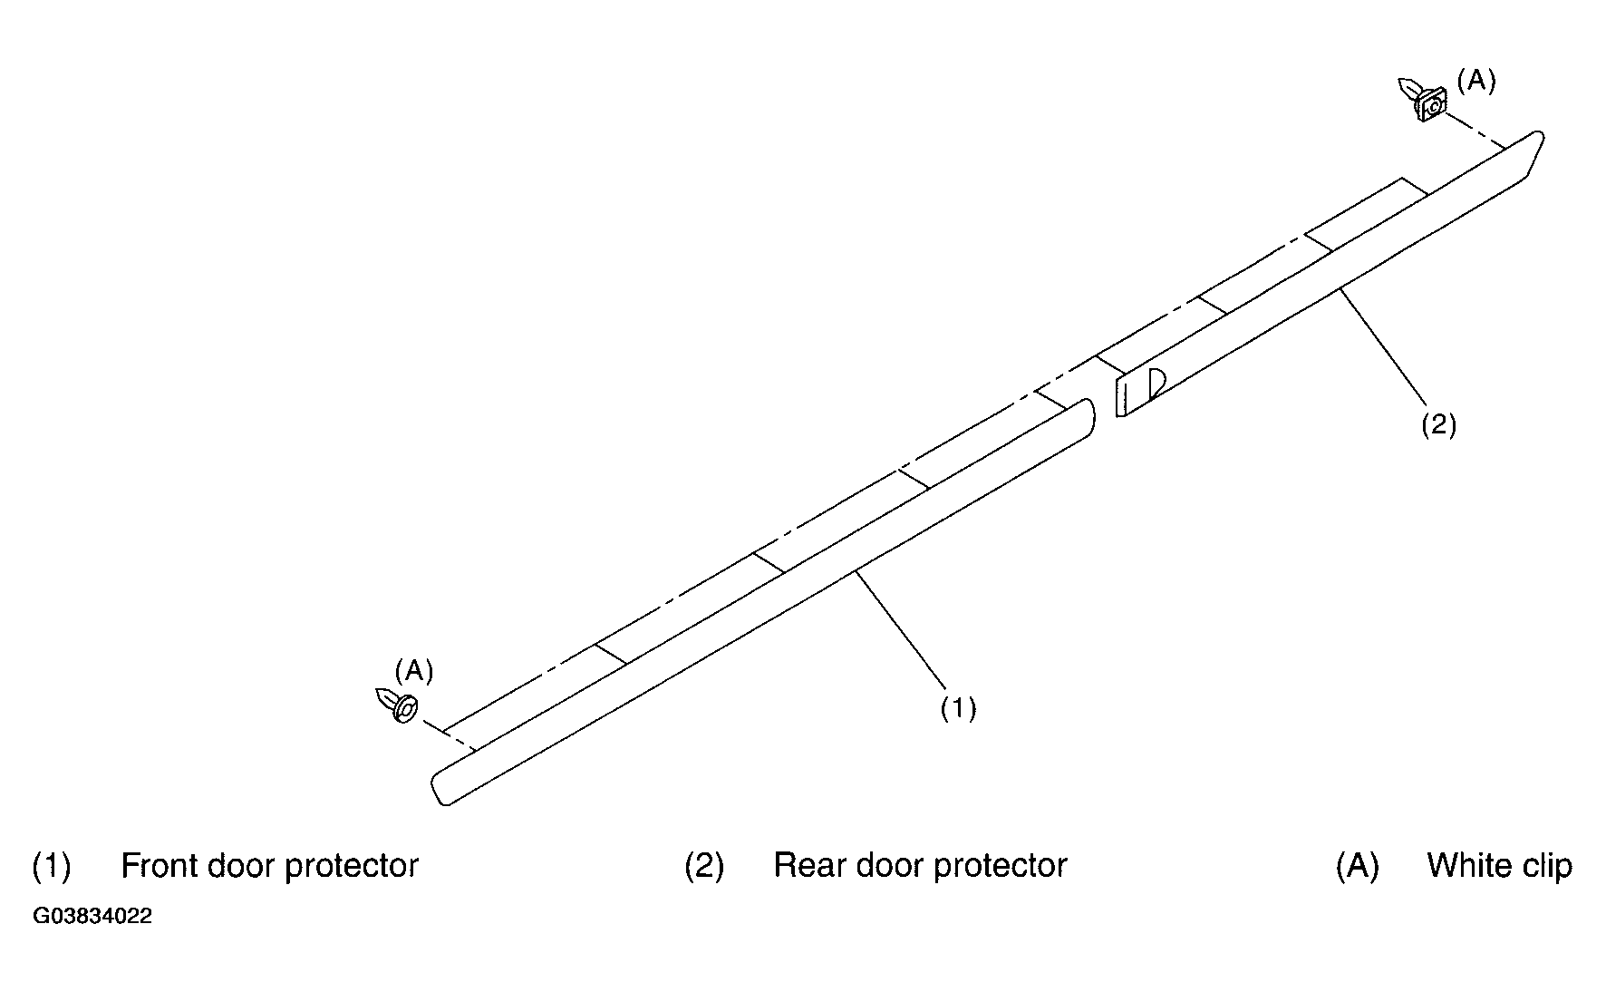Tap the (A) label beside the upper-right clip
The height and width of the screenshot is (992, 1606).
click(1476, 81)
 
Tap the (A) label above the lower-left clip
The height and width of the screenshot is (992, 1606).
click(414, 671)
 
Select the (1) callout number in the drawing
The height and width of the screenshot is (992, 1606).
click(958, 707)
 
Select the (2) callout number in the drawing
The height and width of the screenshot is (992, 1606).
click(1438, 424)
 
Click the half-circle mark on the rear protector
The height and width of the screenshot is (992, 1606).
click(1156, 384)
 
